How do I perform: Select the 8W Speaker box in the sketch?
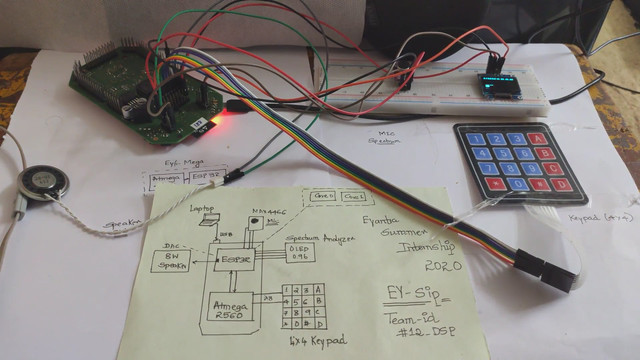(x=174, y=260)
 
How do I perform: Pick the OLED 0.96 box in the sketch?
(x=300, y=254)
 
